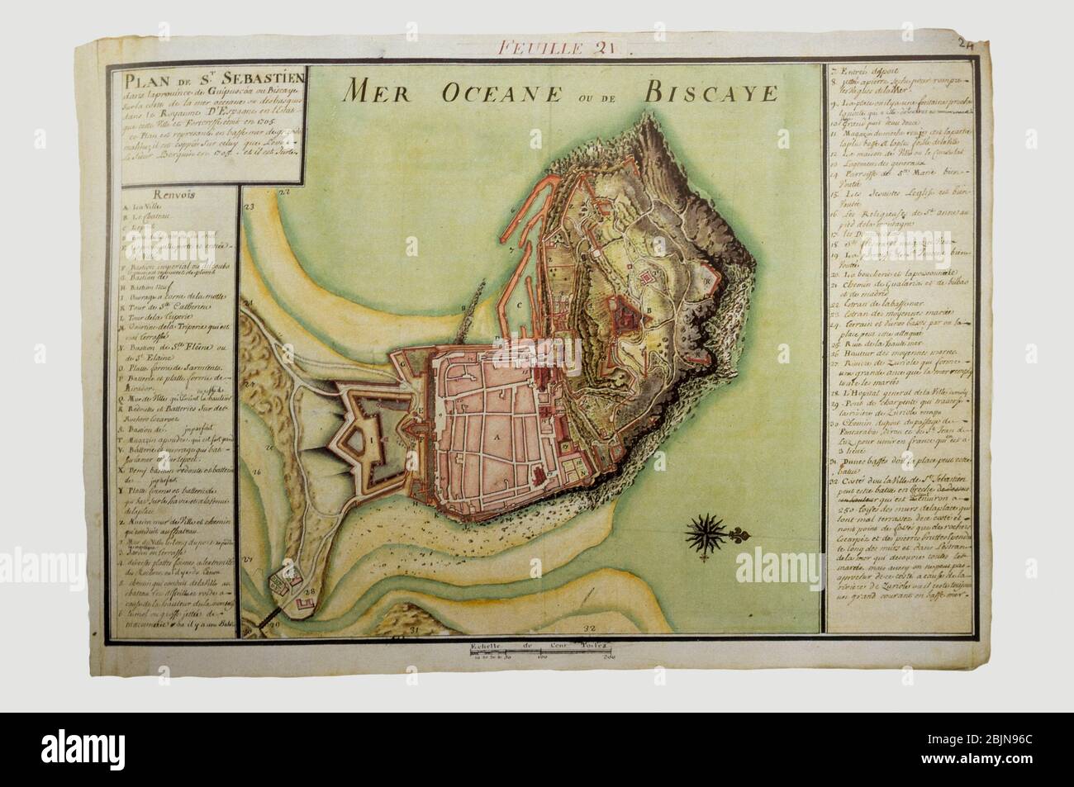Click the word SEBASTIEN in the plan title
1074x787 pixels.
[192, 81]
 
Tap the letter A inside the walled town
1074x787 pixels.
[497, 434]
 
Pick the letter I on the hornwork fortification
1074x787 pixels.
[372, 441]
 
